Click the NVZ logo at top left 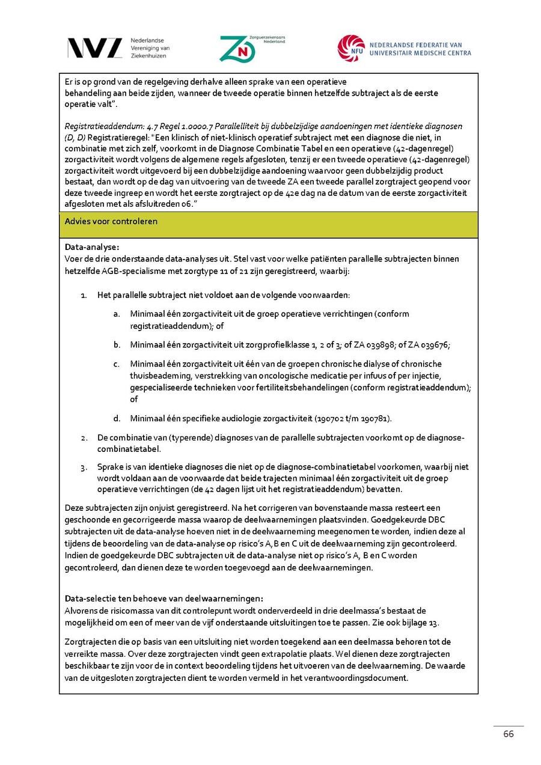95,48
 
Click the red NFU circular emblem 351,48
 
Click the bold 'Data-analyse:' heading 92,247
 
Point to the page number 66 509,734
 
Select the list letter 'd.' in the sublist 117,418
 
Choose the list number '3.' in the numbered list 85,466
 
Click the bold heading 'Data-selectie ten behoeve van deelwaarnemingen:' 164,599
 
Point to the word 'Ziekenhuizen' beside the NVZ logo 148,55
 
